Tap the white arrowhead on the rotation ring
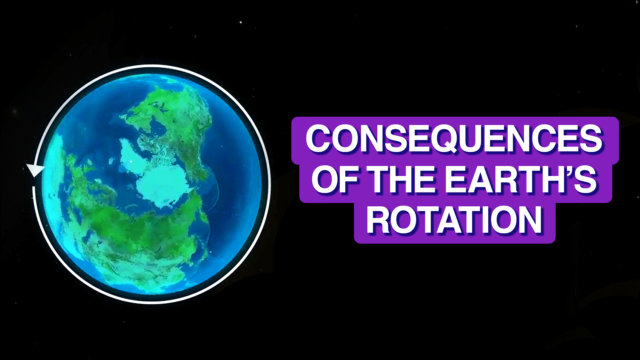[35, 170]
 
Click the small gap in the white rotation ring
[33, 182]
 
